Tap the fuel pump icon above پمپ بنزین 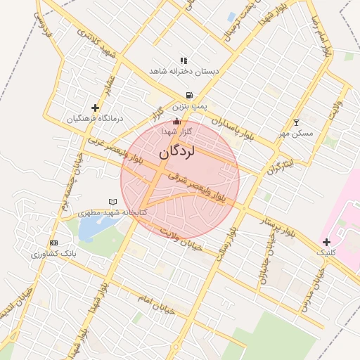pos(189,95)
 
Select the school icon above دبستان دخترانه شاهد pos(184,61)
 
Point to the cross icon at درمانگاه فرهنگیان pos(95,108)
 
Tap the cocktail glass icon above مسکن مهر pos(295,122)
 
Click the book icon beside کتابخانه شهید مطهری pos(112,202)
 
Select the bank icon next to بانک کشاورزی pos(54,243)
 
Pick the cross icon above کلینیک pos(327,242)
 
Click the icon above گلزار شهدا pos(176,122)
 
